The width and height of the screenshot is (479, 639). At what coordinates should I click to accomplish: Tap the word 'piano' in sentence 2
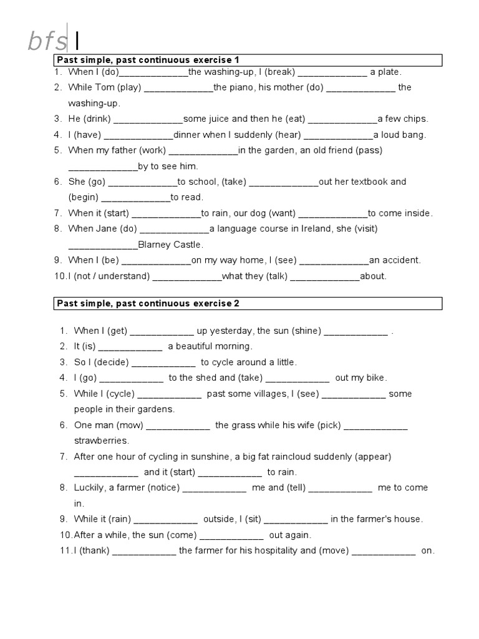tap(240, 87)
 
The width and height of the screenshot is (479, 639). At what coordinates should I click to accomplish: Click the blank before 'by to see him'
tap(102, 167)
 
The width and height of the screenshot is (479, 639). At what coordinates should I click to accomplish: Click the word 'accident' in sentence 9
tap(402, 260)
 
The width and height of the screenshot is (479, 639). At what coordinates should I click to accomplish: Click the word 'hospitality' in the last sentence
tap(253, 551)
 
